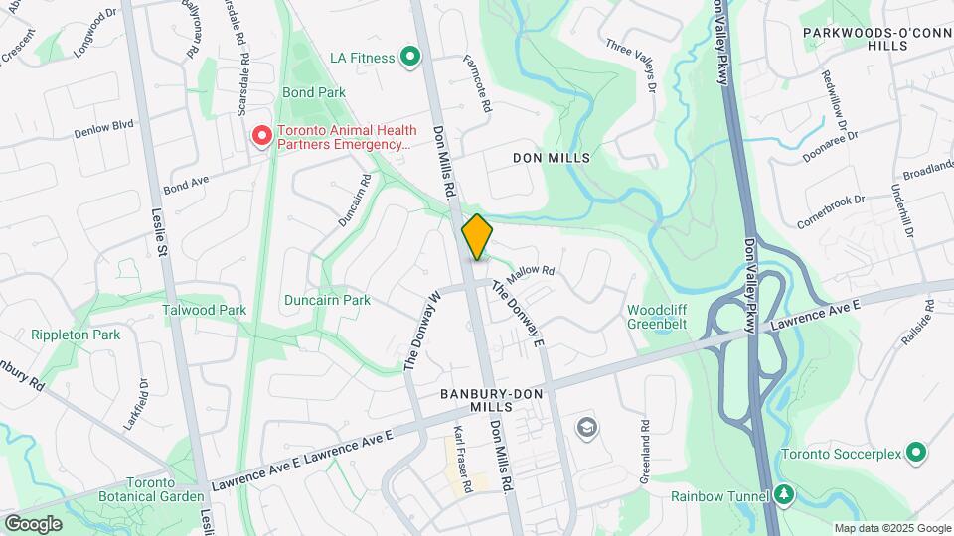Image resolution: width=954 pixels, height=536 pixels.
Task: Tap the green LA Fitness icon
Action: click(409, 58)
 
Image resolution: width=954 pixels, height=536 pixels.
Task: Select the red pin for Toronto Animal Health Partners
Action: click(262, 135)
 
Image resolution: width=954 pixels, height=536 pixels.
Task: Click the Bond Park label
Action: click(314, 92)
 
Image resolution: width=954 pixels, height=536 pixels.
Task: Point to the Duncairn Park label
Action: click(327, 300)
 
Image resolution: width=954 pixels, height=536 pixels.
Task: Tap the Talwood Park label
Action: click(204, 310)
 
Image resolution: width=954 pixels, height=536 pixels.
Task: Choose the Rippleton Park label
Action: click(75, 335)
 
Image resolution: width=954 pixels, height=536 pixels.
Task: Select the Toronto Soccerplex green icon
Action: click(917, 454)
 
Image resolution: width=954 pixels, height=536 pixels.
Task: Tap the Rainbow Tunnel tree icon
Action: click(784, 494)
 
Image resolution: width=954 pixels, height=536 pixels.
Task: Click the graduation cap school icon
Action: click(586, 427)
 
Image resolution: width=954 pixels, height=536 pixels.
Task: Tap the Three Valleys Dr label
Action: click(631, 67)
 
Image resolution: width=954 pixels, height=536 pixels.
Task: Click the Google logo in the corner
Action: click(33, 523)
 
